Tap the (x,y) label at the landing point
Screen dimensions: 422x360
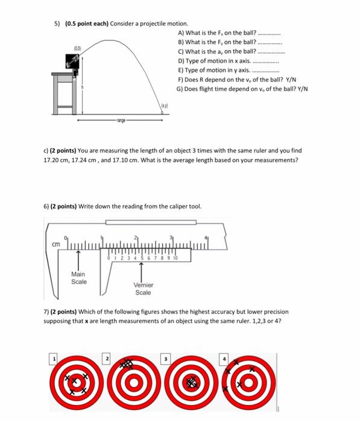[x=165, y=106]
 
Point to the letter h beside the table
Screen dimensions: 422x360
[x=90, y=87]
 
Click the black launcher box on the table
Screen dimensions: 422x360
[x=74, y=61]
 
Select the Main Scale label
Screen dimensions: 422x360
[x=78, y=278]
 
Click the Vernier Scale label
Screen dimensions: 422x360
[x=143, y=289]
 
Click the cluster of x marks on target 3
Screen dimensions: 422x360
[x=192, y=382]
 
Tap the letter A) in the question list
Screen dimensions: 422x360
[x=181, y=33]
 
